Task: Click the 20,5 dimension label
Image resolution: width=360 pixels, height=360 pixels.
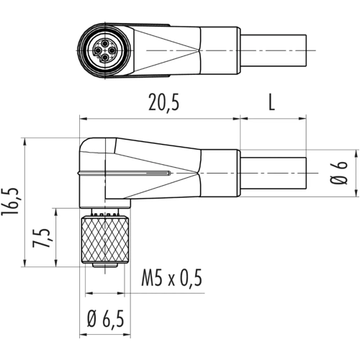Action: [164, 102]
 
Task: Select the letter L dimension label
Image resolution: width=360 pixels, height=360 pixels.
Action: [271, 102]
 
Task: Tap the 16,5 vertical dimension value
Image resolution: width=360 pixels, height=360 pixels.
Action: [10, 202]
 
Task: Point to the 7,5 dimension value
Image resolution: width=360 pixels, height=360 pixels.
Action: [42, 238]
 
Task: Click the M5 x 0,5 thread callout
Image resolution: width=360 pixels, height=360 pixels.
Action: [172, 278]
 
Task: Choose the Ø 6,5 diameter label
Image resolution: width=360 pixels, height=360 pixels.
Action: [105, 320]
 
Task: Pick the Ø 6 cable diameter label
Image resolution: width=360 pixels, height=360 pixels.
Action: [338, 173]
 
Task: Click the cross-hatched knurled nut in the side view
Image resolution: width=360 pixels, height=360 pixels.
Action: [105, 240]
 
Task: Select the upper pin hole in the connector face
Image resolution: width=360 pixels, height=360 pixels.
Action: [105, 44]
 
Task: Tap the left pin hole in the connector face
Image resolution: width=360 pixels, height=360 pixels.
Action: [98, 50]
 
